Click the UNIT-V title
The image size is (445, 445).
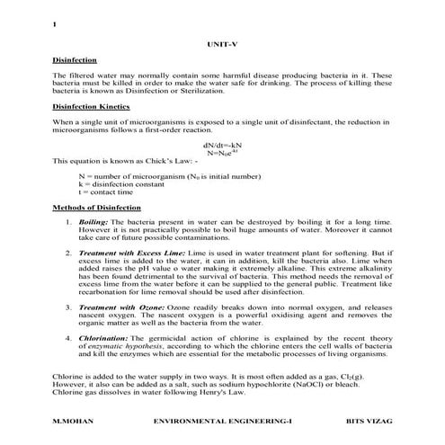(x=222, y=43)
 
